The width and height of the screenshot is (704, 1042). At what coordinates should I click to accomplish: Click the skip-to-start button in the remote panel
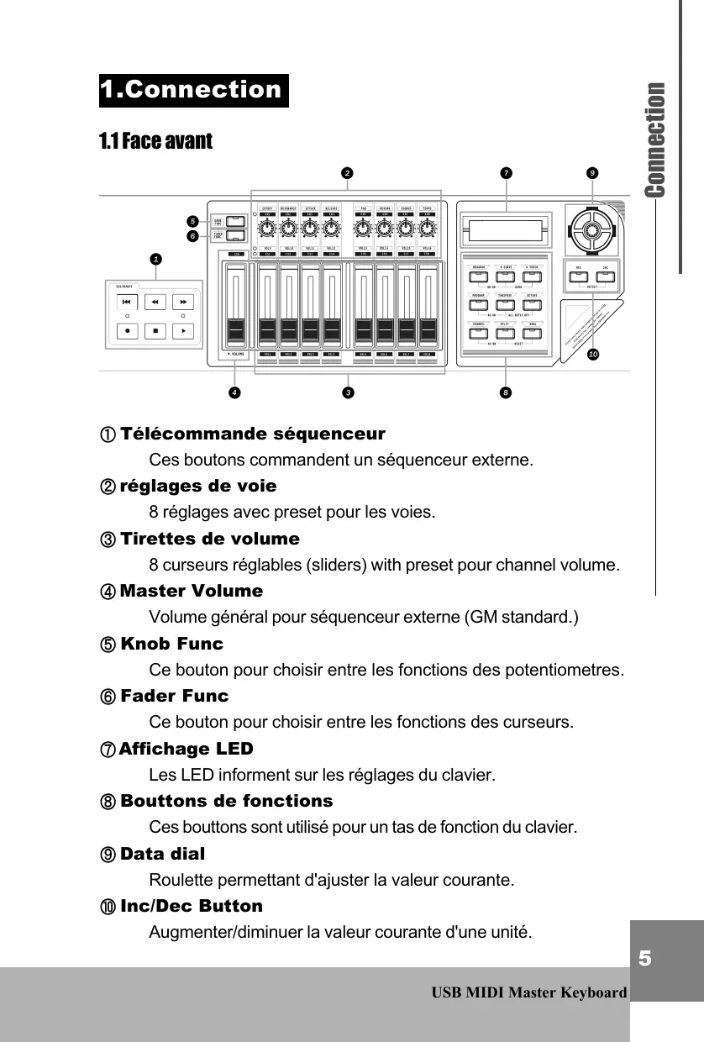[x=125, y=302]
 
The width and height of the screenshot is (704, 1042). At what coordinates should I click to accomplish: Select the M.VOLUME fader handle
[x=236, y=329]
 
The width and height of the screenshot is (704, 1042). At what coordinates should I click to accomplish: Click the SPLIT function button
[x=505, y=332]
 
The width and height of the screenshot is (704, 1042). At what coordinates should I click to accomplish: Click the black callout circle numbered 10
[x=593, y=355]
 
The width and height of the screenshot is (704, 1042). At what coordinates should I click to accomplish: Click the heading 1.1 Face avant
[x=155, y=140]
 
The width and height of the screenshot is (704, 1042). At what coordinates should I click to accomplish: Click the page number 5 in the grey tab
[x=644, y=959]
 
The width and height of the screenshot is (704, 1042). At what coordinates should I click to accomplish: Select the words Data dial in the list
[x=162, y=854]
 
